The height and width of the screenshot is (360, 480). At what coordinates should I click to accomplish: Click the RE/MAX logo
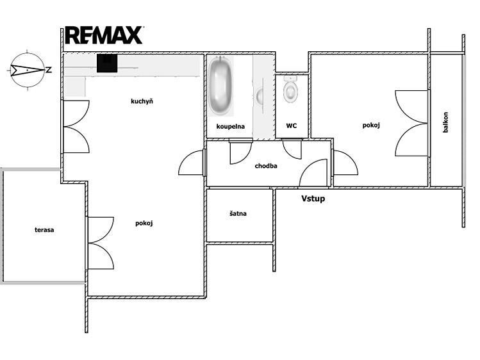tap(104, 35)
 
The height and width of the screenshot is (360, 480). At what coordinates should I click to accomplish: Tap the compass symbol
tap(28, 70)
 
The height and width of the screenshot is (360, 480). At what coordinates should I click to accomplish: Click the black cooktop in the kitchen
tap(107, 63)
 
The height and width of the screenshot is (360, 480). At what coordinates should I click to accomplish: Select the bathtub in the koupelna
tap(220, 86)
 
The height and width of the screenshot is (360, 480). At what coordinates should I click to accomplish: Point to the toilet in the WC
tap(290, 88)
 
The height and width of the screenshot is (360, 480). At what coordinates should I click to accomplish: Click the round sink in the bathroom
tap(260, 96)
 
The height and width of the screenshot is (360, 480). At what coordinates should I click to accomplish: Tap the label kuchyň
tap(142, 101)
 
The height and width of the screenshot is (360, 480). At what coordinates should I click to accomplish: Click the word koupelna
tap(231, 126)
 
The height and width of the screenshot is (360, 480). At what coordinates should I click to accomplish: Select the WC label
tap(292, 126)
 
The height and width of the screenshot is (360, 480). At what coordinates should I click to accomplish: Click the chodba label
tap(266, 166)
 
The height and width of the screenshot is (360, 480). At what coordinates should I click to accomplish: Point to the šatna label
tap(238, 213)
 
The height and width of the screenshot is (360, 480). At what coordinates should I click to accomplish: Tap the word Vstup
tap(313, 199)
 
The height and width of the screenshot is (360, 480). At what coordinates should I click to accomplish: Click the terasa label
tap(44, 230)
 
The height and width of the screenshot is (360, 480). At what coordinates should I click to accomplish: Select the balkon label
tap(445, 122)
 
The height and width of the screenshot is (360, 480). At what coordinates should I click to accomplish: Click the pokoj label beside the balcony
tap(371, 126)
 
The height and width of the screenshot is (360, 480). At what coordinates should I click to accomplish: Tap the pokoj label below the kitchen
tap(144, 224)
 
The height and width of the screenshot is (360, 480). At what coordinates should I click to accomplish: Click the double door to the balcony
tap(412, 124)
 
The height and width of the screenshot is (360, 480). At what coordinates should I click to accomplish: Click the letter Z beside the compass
tap(49, 70)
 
